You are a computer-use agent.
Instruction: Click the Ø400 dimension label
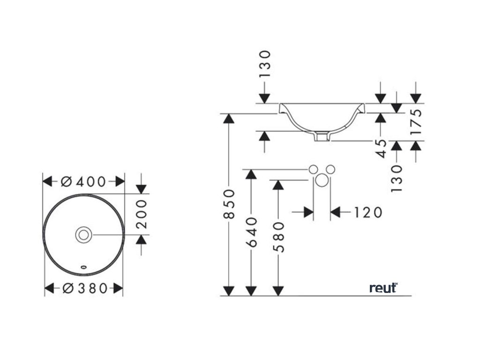click(84, 181)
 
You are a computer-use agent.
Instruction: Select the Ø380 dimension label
click(84, 288)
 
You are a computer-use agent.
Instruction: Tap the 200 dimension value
click(142, 214)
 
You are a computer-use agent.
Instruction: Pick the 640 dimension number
click(252, 232)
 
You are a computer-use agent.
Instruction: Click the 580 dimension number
click(279, 237)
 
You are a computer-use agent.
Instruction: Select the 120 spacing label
click(365, 212)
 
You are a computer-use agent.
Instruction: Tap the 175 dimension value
click(416, 121)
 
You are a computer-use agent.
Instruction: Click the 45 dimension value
click(381, 149)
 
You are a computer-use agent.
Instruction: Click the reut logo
click(383, 287)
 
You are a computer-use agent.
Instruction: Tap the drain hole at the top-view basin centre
click(84, 234)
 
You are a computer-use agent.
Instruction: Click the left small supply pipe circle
click(313, 169)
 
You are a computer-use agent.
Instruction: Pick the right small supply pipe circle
click(330, 169)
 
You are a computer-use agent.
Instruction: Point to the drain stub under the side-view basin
click(322, 136)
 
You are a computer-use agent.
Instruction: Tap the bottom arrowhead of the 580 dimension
click(279, 291)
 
